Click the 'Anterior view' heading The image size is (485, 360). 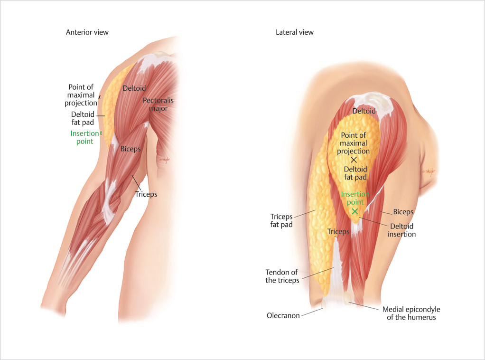click(x=87, y=32)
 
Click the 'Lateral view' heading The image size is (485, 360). click(x=294, y=32)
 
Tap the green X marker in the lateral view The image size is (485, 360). click(x=354, y=211)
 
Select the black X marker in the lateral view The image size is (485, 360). click(x=354, y=160)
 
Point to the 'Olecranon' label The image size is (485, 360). click(x=283, y=315)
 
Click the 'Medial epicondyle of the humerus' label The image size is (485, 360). click(x=411, y=313)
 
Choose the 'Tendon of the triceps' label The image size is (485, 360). click(x=282, y=276)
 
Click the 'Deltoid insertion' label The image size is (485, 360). click(x=401, y=230)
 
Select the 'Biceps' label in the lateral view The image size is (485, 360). click(x=403, y=212)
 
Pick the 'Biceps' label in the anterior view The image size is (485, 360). click(x=131, y=149)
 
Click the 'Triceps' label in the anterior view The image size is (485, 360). click(x=146, y=194)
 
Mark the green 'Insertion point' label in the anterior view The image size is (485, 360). click(x=84, y=137)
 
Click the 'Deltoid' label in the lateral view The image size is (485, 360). click(x=364, y=111)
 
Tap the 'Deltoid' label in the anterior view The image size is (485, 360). click(x=134, y=88)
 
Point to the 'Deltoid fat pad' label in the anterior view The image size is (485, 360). click(x=83, y=118)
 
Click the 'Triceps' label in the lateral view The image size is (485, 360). click(x=338, y=232)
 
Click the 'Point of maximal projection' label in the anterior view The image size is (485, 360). click(x=81, y=95)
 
